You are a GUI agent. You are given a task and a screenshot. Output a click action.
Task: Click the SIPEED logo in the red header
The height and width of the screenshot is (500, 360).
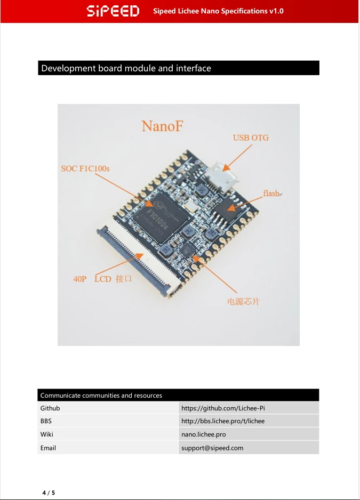113,11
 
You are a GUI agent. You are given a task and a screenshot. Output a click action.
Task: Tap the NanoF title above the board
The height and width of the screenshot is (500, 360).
163,126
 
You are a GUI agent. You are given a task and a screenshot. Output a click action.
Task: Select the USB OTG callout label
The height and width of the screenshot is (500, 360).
251,138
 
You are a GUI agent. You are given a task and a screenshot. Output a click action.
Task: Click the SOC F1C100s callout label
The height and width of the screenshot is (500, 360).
85,168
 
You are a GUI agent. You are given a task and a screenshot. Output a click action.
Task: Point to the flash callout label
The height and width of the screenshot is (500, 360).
271,193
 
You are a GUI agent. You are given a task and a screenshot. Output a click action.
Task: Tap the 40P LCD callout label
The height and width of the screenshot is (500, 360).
102,279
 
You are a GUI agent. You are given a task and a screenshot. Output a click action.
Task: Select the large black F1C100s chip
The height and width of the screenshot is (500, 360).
161,217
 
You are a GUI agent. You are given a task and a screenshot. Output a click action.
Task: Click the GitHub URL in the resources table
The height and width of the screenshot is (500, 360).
223,408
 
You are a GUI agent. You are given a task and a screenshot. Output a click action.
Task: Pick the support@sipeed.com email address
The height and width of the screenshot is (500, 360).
212,448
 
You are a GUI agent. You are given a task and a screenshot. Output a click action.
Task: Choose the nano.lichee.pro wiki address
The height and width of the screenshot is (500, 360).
204,434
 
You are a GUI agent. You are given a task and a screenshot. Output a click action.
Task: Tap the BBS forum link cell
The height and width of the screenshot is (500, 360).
223,421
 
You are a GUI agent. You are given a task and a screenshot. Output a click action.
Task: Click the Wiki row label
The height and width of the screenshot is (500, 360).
46,434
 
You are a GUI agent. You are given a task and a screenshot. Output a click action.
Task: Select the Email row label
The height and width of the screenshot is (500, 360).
48,448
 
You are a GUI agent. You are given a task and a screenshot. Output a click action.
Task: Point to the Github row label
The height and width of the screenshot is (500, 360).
50,408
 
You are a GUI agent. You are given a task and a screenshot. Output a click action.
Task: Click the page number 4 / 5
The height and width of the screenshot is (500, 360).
49,493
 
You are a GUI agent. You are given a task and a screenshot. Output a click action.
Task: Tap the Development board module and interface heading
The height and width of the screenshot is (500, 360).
126,68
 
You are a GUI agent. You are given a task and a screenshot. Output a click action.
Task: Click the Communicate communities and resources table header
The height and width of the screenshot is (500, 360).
101,396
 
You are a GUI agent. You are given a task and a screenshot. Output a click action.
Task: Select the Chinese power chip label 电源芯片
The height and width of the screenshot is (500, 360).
244,302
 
